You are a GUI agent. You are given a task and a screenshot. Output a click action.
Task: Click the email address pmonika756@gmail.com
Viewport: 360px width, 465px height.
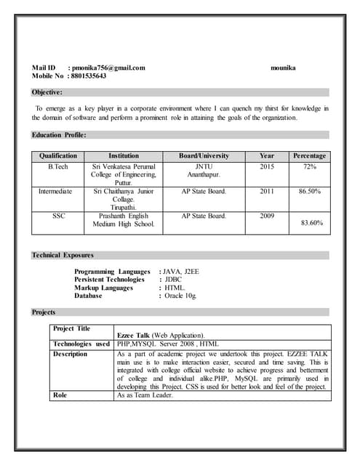109,68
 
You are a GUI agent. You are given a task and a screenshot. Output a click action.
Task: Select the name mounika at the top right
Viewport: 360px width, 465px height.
283,68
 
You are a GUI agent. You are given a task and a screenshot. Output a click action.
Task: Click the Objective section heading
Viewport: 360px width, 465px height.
47,92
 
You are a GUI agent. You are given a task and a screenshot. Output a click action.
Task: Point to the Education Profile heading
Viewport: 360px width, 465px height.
60,135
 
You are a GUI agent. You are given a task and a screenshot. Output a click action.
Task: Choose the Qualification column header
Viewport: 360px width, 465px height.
58,155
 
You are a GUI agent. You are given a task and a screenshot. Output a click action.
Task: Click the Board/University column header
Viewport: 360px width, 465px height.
204,155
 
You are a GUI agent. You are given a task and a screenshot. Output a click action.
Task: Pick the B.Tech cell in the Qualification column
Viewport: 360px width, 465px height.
58,166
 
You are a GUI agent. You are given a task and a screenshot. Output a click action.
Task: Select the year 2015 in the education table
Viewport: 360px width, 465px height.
267,166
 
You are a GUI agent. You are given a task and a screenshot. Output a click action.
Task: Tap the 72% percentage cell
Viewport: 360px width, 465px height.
310,166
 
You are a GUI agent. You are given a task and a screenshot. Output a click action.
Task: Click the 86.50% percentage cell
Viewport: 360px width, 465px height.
310,191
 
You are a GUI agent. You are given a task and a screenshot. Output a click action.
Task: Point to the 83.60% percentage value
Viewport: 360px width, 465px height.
311,223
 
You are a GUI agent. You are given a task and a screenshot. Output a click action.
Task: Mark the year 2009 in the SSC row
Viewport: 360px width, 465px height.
267,216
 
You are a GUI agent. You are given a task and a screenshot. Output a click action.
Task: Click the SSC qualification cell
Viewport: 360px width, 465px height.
58,216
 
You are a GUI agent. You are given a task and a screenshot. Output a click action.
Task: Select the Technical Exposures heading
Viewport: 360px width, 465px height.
63,255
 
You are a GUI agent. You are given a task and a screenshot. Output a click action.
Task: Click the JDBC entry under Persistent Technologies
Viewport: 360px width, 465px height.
173,279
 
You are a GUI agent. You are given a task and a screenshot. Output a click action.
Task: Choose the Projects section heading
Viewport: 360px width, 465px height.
44,312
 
